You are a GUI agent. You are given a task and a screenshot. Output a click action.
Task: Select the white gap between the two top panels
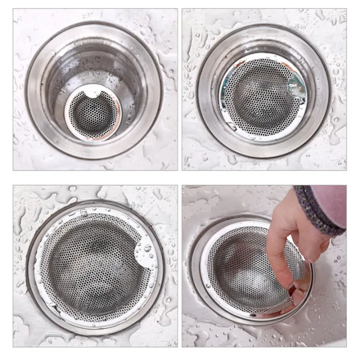pos(179,90)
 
